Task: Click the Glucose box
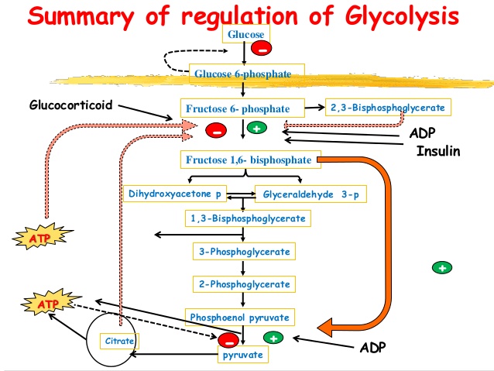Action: pos(246,34)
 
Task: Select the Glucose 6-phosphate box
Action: pos(247,74)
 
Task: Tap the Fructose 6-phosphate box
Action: pos(242,108)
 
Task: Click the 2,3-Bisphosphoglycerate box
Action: pos(388,107)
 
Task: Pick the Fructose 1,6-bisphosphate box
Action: pos(251,160)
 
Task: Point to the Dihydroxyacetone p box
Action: pos(175,194)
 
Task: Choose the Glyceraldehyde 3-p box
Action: pos(310,194)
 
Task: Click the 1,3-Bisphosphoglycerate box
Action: pos(248,218)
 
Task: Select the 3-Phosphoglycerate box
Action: pos(244,251)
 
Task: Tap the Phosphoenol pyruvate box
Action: pos(240,317)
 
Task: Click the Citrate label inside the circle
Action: pos(119,341)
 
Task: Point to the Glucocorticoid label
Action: pos(71,105)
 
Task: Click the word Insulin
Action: pos(438,151)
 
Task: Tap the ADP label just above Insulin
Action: pos(423,133)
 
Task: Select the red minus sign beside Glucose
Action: pos(262,48)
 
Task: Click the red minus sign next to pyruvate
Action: pos(228,341)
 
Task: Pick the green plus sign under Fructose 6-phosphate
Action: pos(257,128)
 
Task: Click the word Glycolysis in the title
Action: pos(402,16)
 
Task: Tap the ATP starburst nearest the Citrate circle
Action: pos(50,303)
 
